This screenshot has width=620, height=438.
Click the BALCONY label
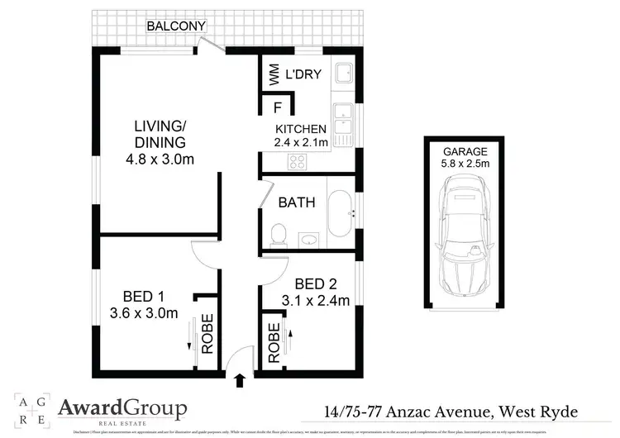coord(176,26)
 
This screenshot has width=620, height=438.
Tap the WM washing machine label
coord(274,76)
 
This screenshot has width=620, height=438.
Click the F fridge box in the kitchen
coord(277,107)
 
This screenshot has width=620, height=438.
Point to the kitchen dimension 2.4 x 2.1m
coord(302,143)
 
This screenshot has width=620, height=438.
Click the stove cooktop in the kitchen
coord(293,162)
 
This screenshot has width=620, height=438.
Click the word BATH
coord(297,202)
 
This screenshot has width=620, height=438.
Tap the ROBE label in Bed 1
coord(207,332)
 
